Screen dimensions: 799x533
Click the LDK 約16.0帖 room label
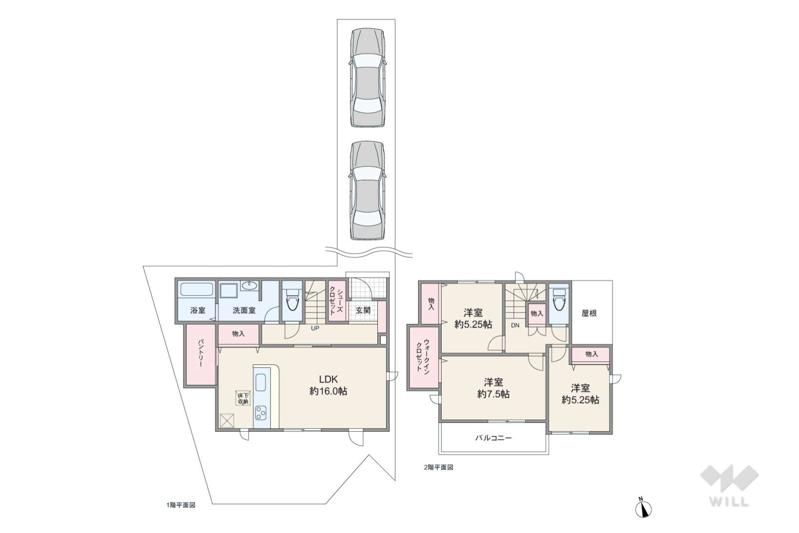coord(328,385)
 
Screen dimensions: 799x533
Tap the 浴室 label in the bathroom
coord(197,310)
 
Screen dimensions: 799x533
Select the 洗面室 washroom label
coord(244,310)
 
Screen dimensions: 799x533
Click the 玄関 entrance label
coord(363,310)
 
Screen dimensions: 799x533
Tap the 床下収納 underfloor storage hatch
coord(243,398)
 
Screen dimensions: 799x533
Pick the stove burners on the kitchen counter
coord(260,413)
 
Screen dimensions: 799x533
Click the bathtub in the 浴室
coord(197,289)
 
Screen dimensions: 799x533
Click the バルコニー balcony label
coord(493,438)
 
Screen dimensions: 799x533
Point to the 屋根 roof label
coord(589,313)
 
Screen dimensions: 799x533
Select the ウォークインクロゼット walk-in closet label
coord(423,357)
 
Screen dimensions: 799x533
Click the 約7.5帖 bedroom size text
coord(493,394)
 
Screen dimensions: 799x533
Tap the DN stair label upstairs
coord(515,325)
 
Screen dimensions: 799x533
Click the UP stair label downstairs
coord(315,328)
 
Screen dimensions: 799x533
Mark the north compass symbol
coord(643,508)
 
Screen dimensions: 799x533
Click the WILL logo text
coord(729,501)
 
